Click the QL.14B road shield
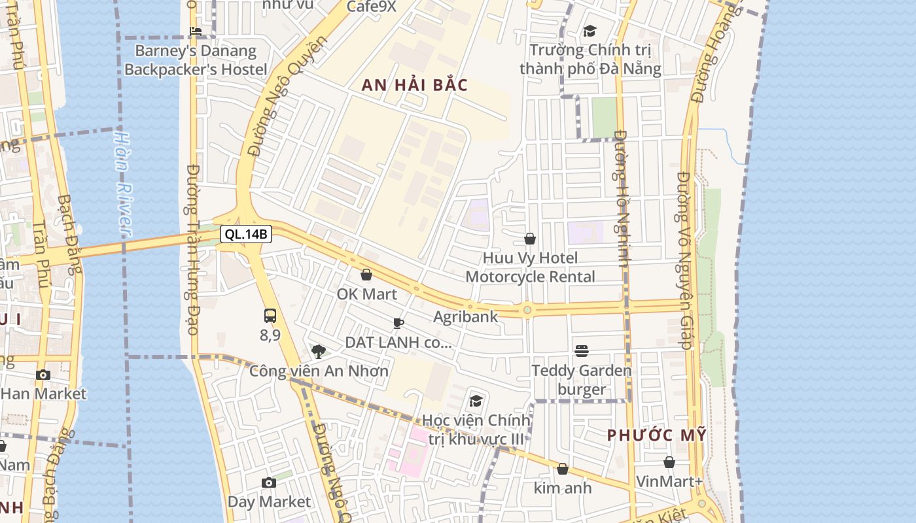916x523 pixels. pyautogui.click(x=245, y=234)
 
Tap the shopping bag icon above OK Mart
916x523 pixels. pyautogui.click(x=366, y=275)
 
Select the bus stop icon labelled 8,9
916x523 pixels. pyautogui.click(x=270, y=316)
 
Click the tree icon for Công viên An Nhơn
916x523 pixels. pyautogui.click(x=319, y=352)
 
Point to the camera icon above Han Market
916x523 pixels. pyautogui.click(x=43, y=375)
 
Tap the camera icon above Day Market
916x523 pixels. pyautogui.click(x=269, y=482)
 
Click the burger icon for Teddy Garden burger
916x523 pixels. pyautogui.click(x=582, y=351)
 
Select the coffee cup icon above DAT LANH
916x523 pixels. pyautogui.click(x=398, y=323)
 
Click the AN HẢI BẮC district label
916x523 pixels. pyautogui.click(x=415, y=85)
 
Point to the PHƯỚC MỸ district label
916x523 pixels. pyautogui.click(x=656, y=435)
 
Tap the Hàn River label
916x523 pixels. pyautogui.click(x=122, y=183)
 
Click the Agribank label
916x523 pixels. pyautogui.click(x=466, y=317)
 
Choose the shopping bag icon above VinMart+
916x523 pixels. pyautogui.click(x=669, y=462)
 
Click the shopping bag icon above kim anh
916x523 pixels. pyautogui.click(x=563, y=469)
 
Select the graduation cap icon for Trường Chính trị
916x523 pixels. pyautogui.click(x=590, y=31)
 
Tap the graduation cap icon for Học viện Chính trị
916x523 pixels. pyautogui.click(x=476, y=400)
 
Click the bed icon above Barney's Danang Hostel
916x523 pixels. pyautogui.click(x=195, y=31)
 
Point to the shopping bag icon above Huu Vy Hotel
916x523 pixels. pyautogui.click(x=530, y=239)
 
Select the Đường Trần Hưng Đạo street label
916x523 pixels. pyautogui.click(x=192, y=248)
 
